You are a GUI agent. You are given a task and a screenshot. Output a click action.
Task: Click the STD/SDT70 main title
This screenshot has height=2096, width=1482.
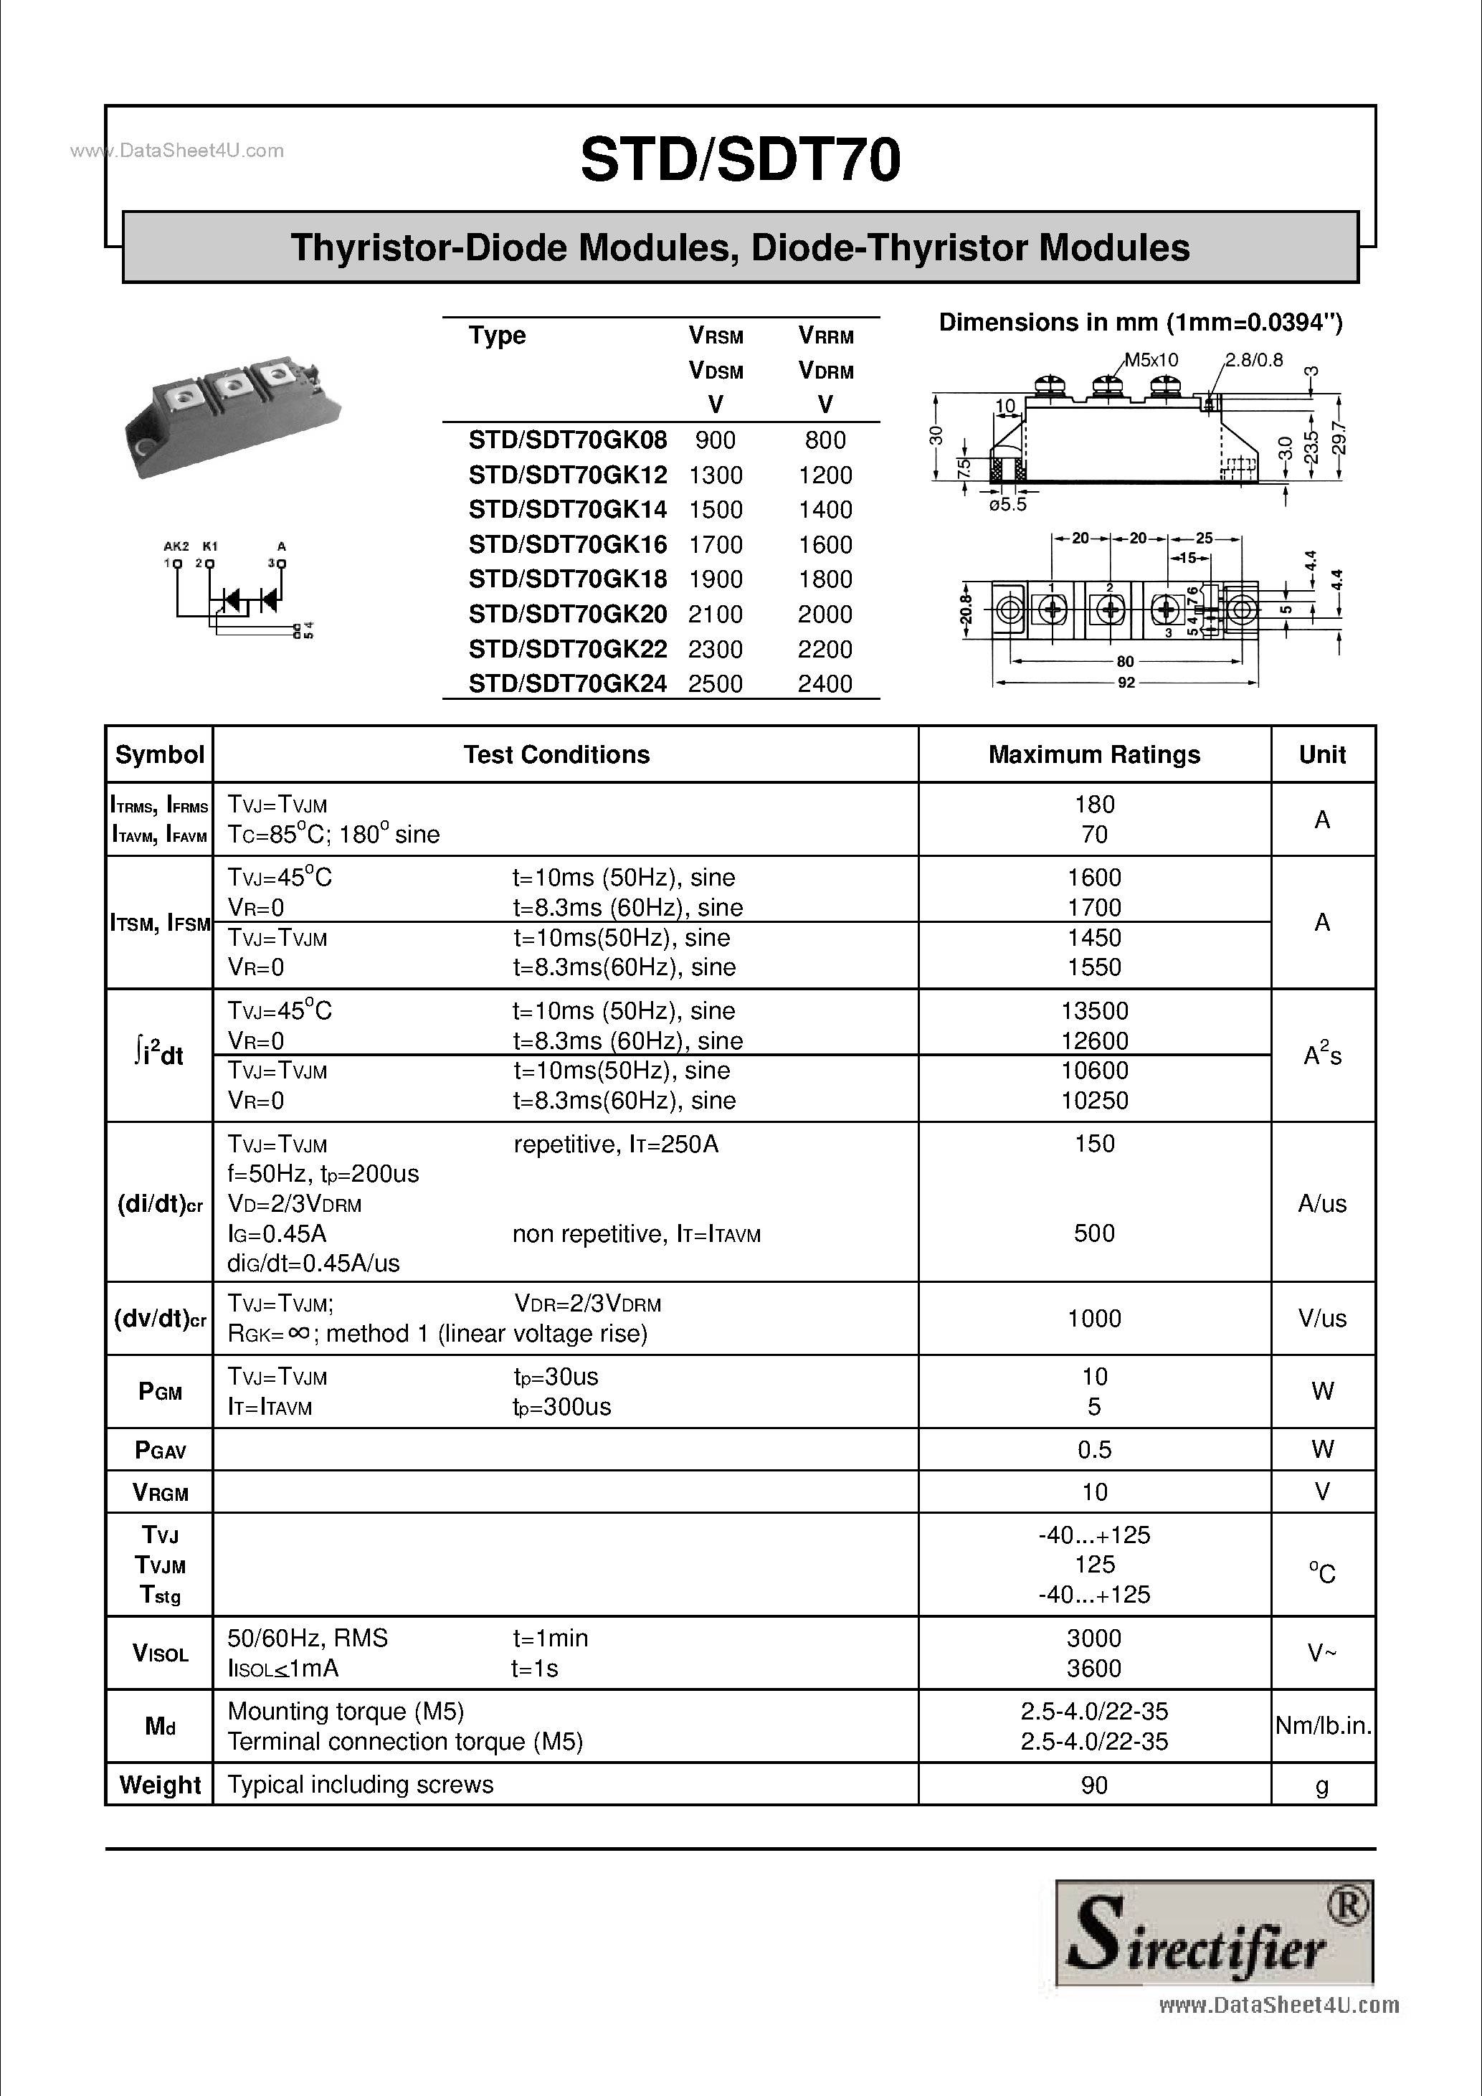click(x=740, y=161)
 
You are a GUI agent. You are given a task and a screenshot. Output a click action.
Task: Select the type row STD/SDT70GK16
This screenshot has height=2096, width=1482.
click(x=568, y=545)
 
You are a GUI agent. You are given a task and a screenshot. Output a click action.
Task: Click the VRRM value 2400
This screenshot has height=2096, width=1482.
click(x=825, y=684)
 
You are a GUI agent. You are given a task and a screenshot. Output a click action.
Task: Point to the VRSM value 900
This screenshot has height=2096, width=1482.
click(x=715, y=440)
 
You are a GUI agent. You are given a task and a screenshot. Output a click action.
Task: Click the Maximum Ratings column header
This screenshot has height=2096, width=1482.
click(x=1094, y=755)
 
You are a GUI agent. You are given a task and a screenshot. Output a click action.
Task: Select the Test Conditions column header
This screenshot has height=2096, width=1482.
click(x=556, y=755)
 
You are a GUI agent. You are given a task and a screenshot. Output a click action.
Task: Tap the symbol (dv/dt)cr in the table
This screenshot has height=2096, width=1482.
click(x=160, y=1319)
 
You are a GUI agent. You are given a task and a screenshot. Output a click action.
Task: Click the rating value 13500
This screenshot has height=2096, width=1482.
click(x=1094, y=1010)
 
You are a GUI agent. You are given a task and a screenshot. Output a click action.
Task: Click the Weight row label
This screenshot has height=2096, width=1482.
click(x=160, y=1785)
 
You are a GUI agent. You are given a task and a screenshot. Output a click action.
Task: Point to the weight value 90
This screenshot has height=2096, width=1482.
click(x=1094, y=1785)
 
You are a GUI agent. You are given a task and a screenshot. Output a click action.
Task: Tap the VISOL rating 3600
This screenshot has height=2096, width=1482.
click(x=1094, y=1669)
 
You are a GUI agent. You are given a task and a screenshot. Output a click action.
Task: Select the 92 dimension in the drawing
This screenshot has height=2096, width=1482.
click(x=1126, y=682)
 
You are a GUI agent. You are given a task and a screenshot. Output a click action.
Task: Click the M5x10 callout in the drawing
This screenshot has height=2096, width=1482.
click(x=1151, y=361)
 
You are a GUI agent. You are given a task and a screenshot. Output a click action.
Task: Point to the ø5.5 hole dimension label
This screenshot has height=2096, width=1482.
click(x=1007, y=505)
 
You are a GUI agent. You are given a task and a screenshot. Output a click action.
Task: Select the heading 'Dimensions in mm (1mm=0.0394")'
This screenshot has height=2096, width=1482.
click(x=1141, y=322)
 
